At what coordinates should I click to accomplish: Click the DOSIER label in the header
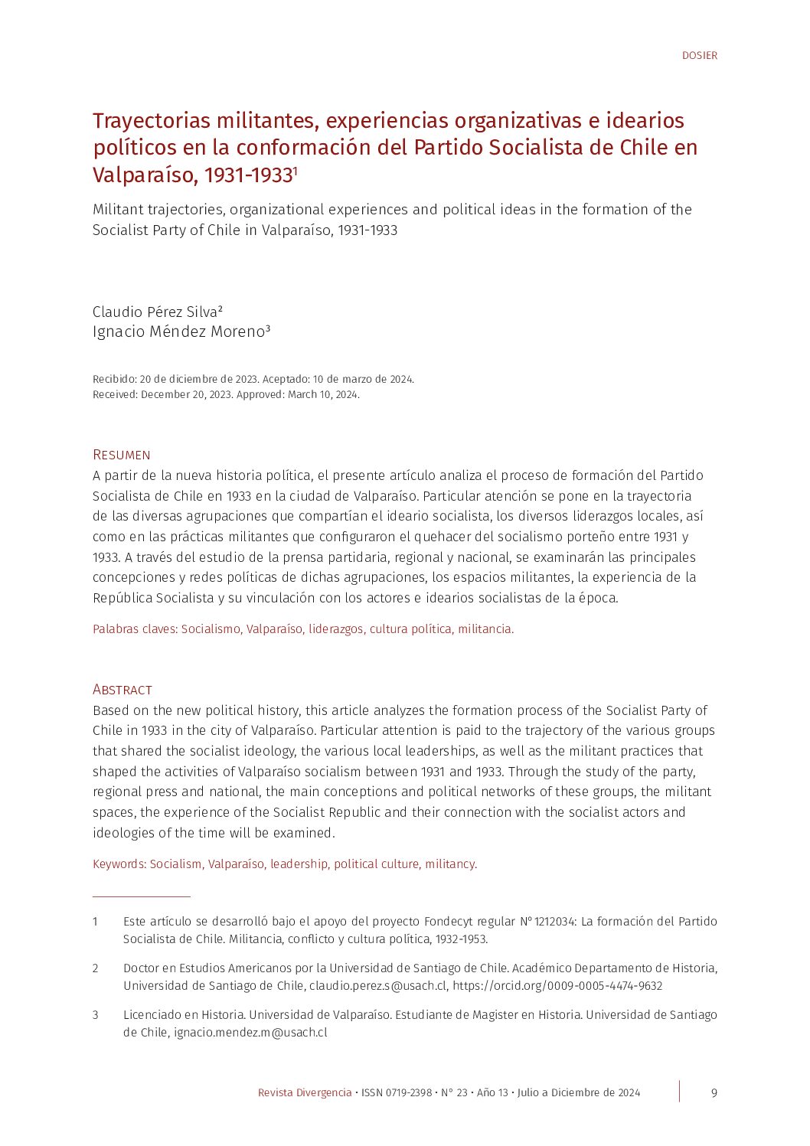699,55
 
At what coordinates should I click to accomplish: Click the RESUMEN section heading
121,455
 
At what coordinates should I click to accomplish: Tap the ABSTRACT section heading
122,690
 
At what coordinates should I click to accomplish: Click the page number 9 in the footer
714,1092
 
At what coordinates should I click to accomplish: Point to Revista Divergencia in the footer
305,1092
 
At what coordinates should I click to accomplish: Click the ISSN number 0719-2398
409,1092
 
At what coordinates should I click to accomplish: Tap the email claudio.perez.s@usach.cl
377,986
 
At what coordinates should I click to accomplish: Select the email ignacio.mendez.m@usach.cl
250,1032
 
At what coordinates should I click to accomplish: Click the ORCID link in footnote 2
557,986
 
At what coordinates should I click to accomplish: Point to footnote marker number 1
96,922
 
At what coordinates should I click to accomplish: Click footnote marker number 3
96,1015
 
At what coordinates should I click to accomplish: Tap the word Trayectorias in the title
151,121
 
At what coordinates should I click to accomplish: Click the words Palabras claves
134,629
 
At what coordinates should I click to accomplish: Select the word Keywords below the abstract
119,864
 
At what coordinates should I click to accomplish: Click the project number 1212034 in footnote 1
554,922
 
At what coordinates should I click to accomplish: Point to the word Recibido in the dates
114,380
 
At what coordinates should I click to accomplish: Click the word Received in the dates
115,395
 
